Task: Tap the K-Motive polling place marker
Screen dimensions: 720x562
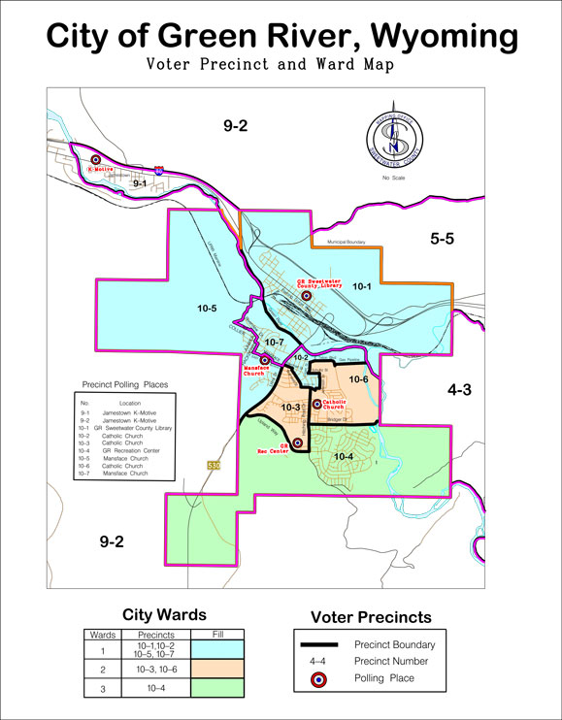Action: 96,160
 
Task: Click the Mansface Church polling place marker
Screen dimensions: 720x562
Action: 264,359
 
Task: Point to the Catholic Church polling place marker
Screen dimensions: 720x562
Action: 316,404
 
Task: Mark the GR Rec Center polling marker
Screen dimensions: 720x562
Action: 297,442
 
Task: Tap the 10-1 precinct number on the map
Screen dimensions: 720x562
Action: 362,286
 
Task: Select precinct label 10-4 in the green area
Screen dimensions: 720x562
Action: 345,455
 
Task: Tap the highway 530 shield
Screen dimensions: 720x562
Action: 213,467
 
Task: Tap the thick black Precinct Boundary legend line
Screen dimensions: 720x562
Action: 321,644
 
